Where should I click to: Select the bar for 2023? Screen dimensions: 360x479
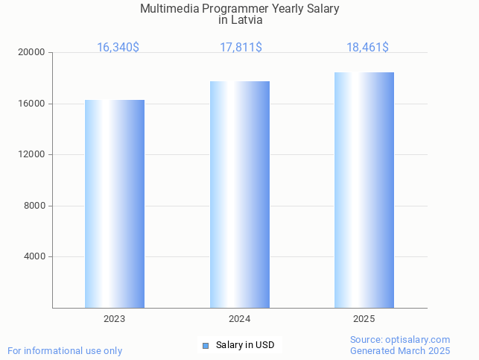tap(115, 203)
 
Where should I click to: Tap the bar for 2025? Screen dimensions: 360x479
tap(364, 190)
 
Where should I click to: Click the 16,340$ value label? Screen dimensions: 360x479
tap(118, 47)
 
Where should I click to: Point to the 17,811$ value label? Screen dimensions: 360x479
tap(241, 47)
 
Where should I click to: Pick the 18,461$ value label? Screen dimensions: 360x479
tap(367, 47)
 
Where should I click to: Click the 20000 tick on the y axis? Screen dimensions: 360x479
tap(33, 53)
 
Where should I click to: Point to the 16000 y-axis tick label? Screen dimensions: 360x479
tap(33, 104)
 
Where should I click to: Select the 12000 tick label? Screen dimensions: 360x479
tap(33, 155)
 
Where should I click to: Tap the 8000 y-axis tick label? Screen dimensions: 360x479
tap(35, 206)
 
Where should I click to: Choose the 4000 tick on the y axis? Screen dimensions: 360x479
tap(35, 257)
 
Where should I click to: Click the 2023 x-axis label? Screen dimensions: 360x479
tap(114, 319)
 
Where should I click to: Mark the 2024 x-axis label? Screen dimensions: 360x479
tap(239, 319)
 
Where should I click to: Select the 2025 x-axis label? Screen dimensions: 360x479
tap(364, 319)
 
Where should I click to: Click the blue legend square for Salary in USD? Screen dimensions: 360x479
tap(206, 345)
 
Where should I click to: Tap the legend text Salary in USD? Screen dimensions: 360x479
tap(245, 345)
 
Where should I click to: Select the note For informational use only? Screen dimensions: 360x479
tap(65, 350)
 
